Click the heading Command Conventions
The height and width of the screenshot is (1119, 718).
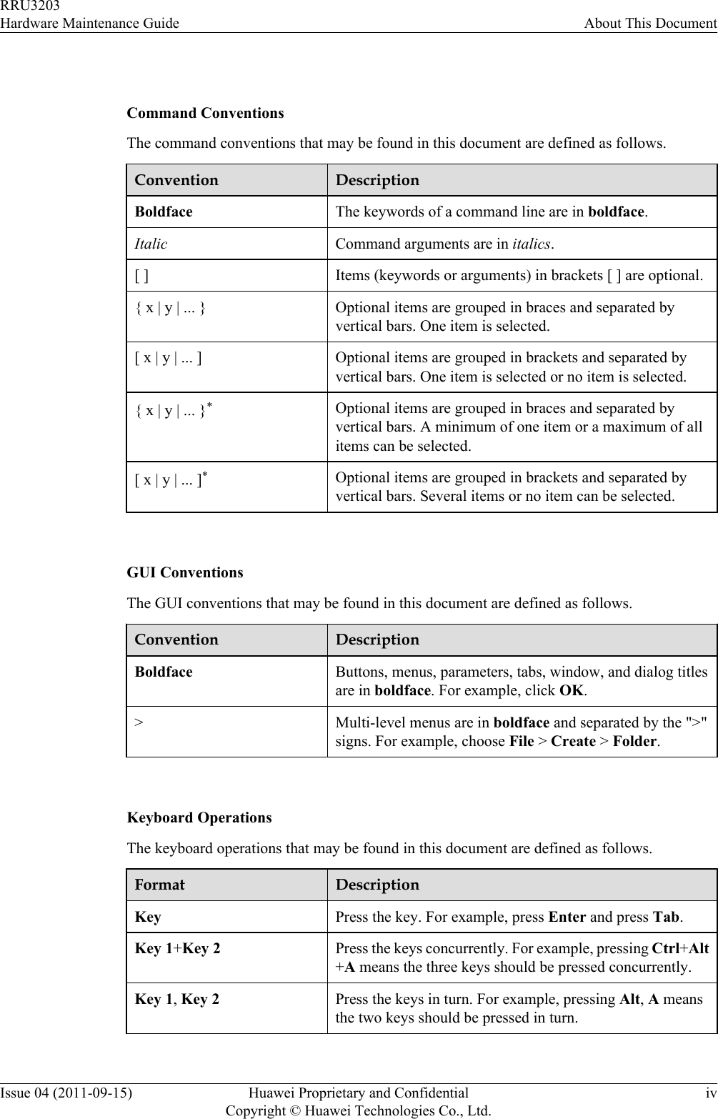click(205, 113)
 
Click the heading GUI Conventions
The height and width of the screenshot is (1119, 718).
click(184, 572)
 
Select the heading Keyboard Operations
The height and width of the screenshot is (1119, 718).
click(199, 817)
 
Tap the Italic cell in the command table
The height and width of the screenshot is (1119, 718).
click(151, 244)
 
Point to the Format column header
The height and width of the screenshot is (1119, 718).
click(160, 885)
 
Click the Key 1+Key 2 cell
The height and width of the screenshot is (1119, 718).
click(177, 949)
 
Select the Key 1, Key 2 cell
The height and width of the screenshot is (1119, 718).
click(177, 999)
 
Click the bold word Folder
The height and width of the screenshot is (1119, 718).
click(634, 741)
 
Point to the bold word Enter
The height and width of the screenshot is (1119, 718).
click(567, 917)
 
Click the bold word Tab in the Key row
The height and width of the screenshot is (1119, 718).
click(666, 917)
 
